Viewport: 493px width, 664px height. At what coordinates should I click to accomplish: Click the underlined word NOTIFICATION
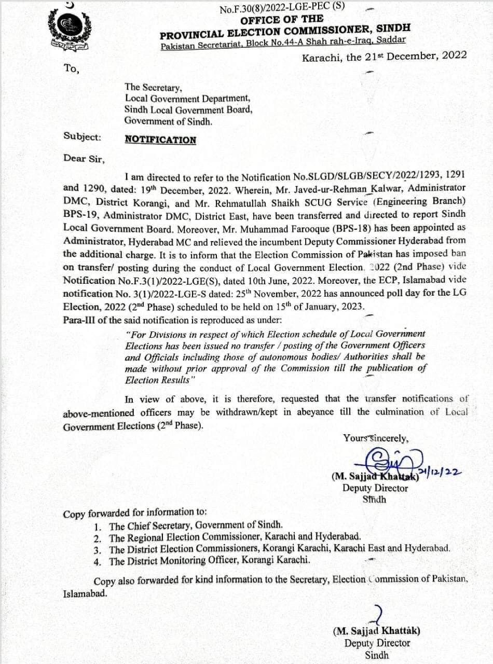[x=160, y=140]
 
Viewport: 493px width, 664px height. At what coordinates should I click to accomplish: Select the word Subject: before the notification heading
[x=82, y=137]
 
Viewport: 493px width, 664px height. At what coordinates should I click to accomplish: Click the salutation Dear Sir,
[x=84, y=158]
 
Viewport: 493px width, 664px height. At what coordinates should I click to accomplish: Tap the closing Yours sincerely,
[x=375, y=438]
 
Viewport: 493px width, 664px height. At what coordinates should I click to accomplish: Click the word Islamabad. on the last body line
[x=85, y=593]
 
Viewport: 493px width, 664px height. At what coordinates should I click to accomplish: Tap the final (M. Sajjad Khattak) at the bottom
[x=376, y=631]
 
